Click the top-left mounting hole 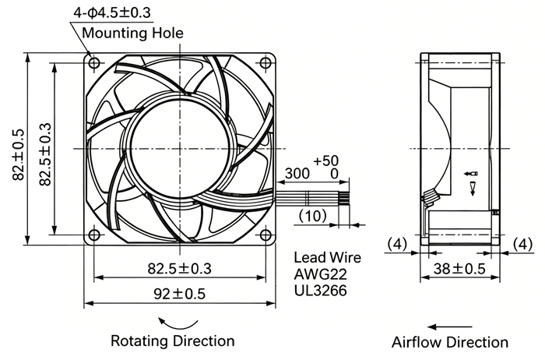click(x=94, y=63)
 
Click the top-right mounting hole click(x=265, y=63)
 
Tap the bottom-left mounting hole click(x=94, y=235)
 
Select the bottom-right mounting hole click(x=265, y=235)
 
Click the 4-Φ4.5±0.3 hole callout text click(x=112, y=12)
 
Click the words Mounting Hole click(x=132, y=33)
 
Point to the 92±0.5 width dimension click(x=180, y=294)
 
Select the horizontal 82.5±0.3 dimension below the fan click(x=179, y=269)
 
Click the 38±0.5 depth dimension click(x=459, y=269)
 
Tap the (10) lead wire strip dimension click(x=312, y=216)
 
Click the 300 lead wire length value click(x=297, y=173)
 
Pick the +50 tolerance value click(x=325, y=161)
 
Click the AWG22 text click(x=320, y=274)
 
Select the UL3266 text click(x=320, y=290)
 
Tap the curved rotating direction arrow click(x=178, y=325)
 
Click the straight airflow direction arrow click(x=450, y=327)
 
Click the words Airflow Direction click(x=450, y=342)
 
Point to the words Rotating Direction click(x=172, y=341)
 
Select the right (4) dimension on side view click(x=522, y=244)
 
